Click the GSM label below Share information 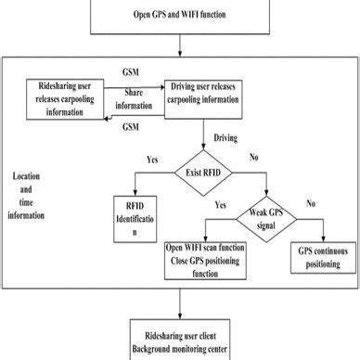(133, 127)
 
